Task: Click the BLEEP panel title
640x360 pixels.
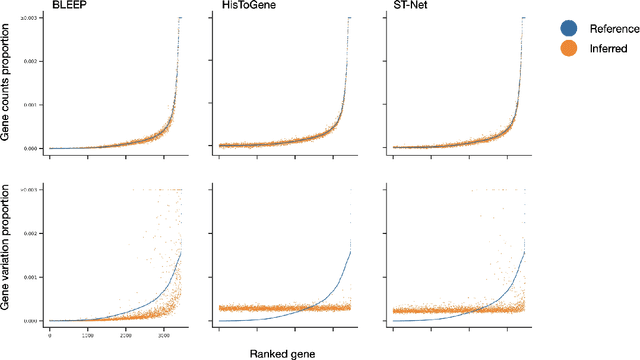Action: pos(67,8)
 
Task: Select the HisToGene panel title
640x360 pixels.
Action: pos(241,8)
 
